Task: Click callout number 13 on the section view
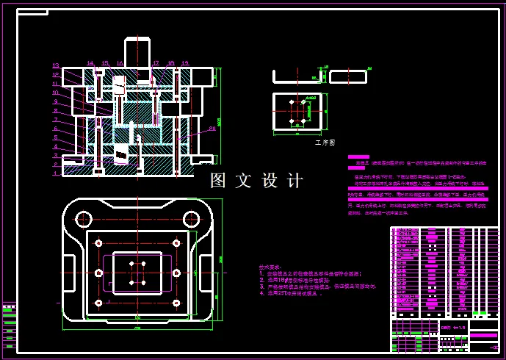click(x=55, y=65)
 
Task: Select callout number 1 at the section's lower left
click(x=55, y=173)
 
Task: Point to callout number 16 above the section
click(x=120, y=63)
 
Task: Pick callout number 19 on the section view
click(x=184, y=63)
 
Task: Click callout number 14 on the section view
click(x=90, y=63)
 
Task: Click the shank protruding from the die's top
click(x=137, y=53)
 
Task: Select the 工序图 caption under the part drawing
click(x=324, y=142)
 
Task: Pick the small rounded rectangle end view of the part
click(x=347, y=76)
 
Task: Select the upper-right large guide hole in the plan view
click(x=192, y=218)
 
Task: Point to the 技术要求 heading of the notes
click(x=270, y=267)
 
